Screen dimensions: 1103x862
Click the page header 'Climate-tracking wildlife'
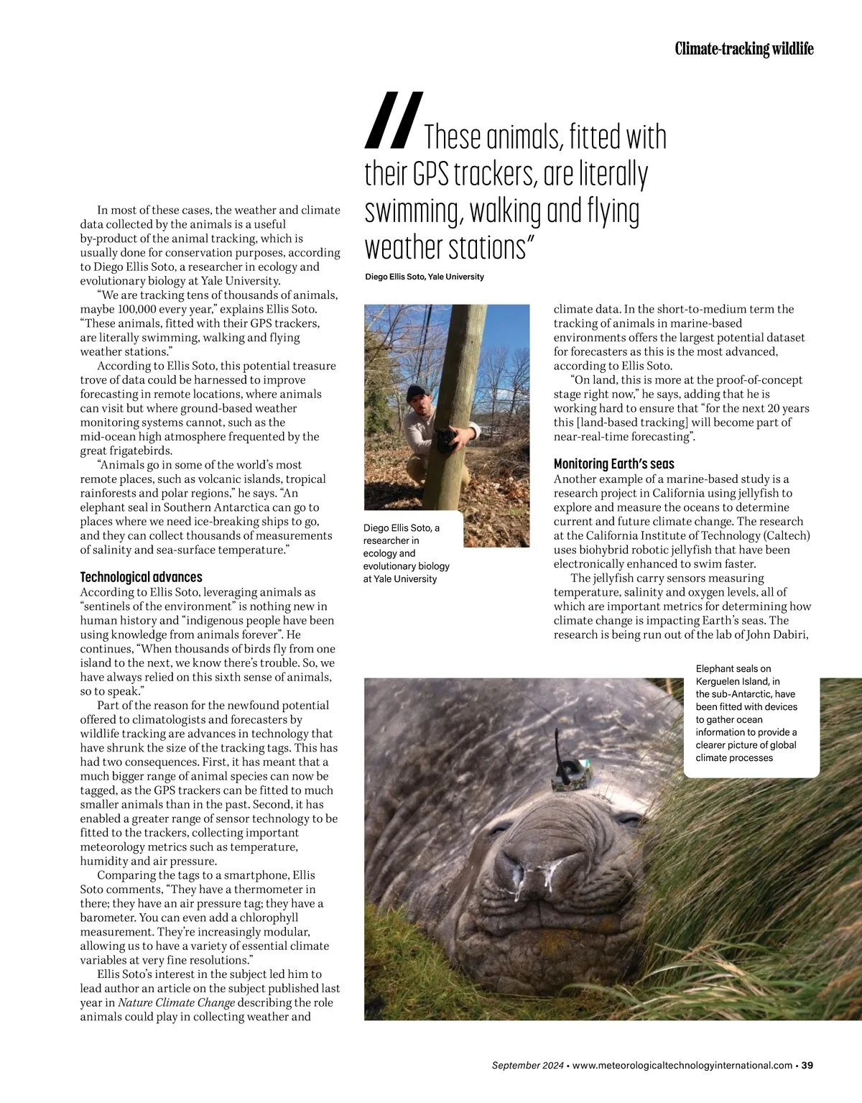tap(744, 49)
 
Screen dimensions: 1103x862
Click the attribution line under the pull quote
tap(425, 277)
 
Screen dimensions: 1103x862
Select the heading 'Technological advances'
tap(141, 577)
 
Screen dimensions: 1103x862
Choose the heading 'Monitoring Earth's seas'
tap(613, 464)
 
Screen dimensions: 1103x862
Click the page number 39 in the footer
tap(807, 1065)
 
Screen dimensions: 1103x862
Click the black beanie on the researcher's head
tap(417, 392)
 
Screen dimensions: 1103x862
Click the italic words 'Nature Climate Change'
tap(177, 1002)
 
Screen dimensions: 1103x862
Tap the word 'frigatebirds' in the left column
tap(138, 451)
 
